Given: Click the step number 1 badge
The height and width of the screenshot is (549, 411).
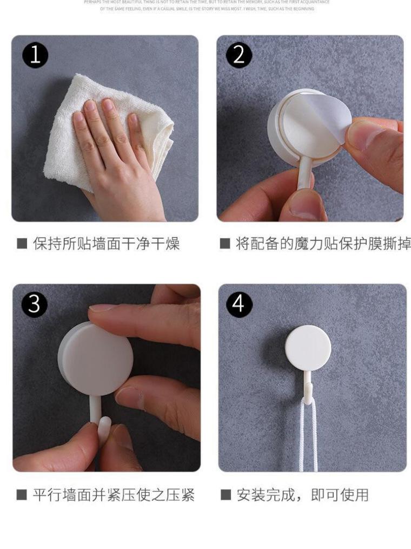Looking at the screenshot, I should coord(35,56).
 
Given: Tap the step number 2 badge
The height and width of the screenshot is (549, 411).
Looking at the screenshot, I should coord(239,56).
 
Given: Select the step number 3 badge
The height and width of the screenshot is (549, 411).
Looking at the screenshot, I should coord(34,304).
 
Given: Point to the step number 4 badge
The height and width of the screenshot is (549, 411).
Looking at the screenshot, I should coord(239,304).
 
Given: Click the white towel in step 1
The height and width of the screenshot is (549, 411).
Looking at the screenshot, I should coord(65,135).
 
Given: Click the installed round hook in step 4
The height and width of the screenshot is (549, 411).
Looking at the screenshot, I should coord(308,347).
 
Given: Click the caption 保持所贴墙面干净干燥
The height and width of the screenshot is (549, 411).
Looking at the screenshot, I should coord(106,244).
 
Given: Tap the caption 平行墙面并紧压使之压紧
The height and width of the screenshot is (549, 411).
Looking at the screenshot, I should coord(113,494).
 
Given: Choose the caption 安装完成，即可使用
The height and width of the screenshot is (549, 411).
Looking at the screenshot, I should coord(302,494).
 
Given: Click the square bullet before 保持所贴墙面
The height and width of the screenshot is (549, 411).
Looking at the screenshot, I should coord(22,244).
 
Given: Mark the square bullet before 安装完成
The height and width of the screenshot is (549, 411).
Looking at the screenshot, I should coord(226,494).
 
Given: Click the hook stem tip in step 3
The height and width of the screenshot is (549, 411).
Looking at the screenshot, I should coord(105,425).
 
